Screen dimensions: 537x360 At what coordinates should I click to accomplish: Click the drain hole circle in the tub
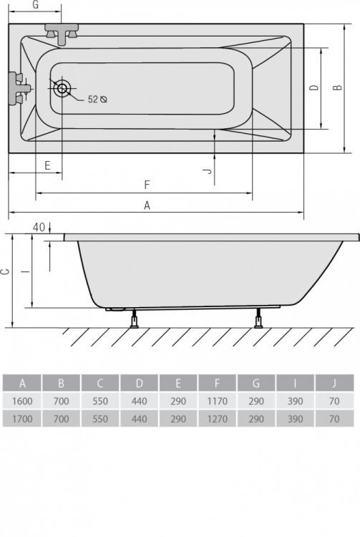tap(62, 89)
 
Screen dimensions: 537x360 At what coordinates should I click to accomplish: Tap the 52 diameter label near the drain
tap(97, 100)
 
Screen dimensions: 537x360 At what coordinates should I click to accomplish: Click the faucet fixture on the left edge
tap(18, 88)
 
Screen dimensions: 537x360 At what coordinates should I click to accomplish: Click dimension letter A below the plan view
tap(147, 205)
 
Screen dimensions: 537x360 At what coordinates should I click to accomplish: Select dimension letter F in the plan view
tap(147, 185)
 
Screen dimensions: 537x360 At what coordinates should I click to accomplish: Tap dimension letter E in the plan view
tap(47, 165)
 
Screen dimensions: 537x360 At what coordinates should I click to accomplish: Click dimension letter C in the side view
tap(6, 272)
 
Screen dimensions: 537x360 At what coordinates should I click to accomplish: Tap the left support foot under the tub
tap(134, 319)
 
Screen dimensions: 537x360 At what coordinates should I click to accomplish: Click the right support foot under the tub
tap(258, 319)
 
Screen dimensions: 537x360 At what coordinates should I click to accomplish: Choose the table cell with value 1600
tap(23, 401)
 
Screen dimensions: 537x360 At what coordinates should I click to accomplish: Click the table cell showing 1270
tap(217, 420)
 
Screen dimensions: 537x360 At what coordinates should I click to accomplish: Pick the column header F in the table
tap(217, 382)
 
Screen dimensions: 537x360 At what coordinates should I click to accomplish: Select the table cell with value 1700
tap(23, 420)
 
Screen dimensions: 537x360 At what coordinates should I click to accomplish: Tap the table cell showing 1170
tap(217, 401)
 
